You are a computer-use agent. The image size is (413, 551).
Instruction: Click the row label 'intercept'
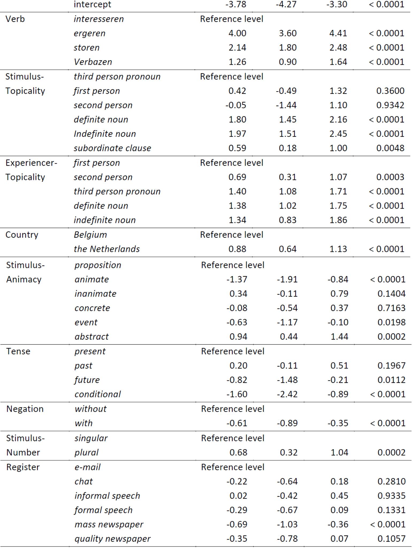pos(92,5)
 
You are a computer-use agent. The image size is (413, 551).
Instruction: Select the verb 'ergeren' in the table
pos(90,33)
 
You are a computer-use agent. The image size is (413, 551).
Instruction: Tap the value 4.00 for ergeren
pos(237,33)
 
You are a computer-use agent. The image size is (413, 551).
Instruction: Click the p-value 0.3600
pos(390,91)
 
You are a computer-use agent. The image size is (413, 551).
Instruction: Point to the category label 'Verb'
pos(15,19)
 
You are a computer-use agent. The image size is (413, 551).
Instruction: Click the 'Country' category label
pos(22,235)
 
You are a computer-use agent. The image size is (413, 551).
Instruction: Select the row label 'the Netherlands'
pos(107,249)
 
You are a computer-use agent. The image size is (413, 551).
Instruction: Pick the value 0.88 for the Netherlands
pos(237,249)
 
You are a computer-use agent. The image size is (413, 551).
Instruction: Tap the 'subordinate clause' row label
pos(112,148)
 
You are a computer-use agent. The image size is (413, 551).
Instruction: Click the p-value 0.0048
pos(390,148)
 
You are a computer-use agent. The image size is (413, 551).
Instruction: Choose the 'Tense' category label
pos(18,351)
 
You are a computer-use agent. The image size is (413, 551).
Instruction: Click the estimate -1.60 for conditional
pos(237,394)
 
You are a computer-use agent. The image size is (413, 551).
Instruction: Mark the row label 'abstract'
pos(92,337)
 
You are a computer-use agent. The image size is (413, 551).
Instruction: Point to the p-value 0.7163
pos(391,308)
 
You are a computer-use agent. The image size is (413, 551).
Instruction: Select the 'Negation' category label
pos(25,409)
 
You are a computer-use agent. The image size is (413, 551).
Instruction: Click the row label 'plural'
pos(86,452)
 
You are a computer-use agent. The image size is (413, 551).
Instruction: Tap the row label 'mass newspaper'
pos(109,525)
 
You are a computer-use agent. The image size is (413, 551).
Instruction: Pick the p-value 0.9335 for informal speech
pos(391,496)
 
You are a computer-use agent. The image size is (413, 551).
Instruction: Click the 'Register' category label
pos(23,467)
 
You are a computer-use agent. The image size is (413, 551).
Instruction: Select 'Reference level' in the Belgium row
pos(231,235)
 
